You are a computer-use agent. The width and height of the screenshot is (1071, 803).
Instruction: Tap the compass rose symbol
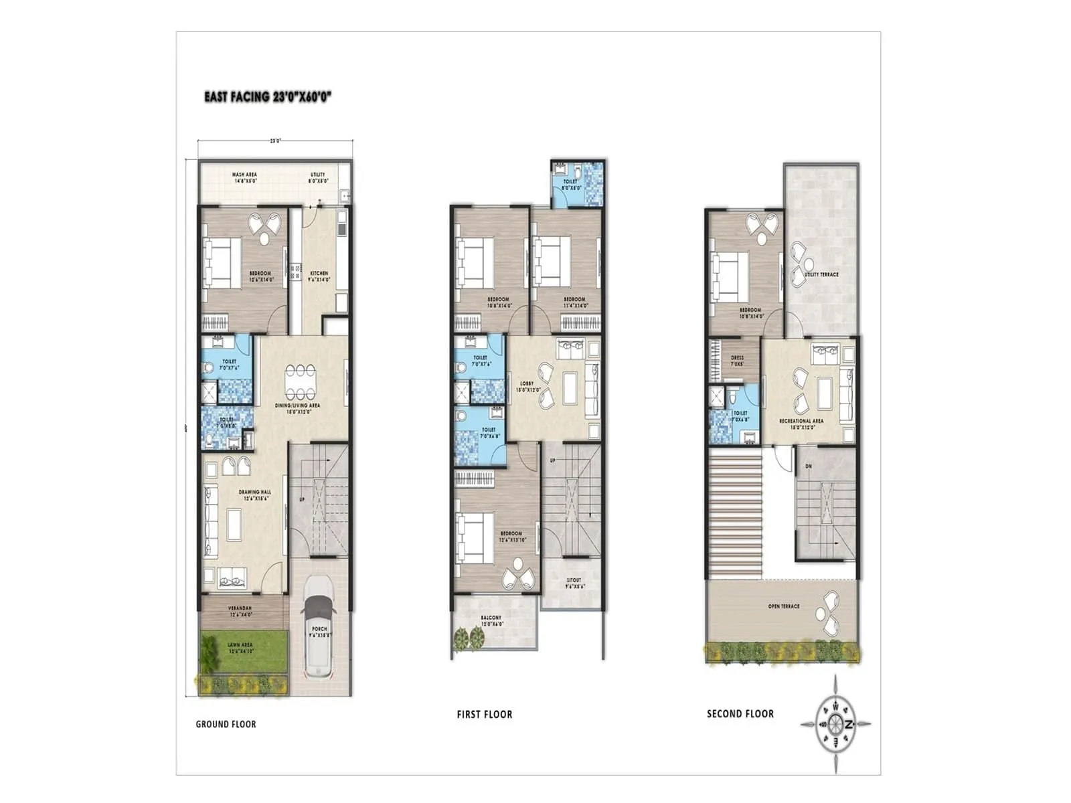[836, 724]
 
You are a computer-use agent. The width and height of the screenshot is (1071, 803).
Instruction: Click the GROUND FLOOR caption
[226, 724]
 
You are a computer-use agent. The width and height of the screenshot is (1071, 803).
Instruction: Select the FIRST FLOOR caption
[485, 715]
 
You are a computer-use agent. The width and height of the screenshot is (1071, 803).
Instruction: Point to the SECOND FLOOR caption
[740, 714]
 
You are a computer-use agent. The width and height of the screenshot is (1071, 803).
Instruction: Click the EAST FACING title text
[268, 97]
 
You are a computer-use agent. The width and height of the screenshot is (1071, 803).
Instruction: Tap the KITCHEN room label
[319, 274]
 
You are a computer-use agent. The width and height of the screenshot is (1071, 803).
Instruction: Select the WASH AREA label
[244, 175]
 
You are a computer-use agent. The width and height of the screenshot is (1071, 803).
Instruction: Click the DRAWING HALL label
[254, 493]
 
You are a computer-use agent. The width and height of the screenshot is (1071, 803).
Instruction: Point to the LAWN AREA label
[240, 645]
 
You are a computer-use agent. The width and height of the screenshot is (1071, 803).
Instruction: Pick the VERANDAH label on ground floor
[240, 608]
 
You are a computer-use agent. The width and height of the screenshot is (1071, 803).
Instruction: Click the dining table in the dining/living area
[299, 381]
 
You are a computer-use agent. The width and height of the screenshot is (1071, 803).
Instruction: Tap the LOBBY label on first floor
[527, 384]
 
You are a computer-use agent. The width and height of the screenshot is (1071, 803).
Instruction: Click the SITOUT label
[574, 581]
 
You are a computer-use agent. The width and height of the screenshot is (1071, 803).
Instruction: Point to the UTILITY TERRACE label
[821, 274]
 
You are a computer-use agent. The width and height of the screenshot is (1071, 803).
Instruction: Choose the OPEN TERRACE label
[784, 606]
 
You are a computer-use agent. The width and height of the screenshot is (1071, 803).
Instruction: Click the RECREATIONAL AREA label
[801, 422]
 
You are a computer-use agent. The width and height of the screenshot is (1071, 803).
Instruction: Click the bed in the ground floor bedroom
[222, 262]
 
